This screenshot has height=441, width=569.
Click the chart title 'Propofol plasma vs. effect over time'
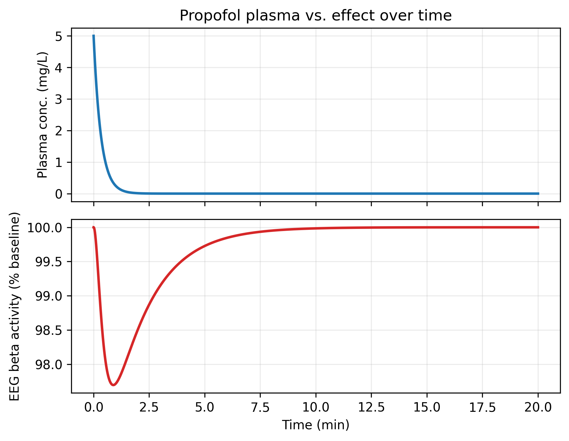tap(316, 16)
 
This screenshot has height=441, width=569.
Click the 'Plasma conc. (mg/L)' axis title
tap(42, 115)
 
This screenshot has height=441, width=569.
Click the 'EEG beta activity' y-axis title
tap(14, 306)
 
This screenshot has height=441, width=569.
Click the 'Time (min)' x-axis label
tap(316, 425)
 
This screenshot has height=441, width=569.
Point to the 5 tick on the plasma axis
tap(59, 36)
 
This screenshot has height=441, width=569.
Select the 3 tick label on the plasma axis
tap(59, 99)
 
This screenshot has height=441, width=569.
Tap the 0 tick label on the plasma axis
tap(59, 194)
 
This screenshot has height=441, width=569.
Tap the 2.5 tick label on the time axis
tap(149, 408)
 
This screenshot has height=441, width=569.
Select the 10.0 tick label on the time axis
tap(316, 408)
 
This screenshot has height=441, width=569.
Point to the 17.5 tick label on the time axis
tap(482, 408)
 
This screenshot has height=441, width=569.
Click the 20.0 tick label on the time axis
tap(538, 408)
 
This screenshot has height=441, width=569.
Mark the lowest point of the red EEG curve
tap(113, 385)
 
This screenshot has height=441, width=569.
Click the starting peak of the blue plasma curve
tap(94, 36)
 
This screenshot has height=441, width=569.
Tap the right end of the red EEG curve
tap(538, 227)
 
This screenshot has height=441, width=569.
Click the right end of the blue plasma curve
tap(538, 194)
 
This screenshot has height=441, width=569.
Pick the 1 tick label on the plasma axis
tap(59, 162)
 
